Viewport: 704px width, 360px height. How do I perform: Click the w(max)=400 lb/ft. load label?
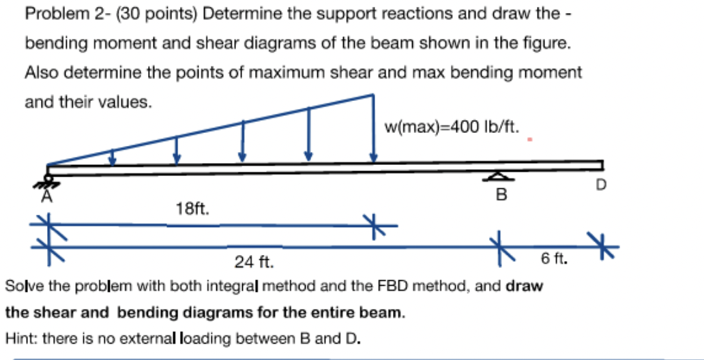(x=452, y=127)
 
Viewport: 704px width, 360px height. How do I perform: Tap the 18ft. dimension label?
(x=192, y=209)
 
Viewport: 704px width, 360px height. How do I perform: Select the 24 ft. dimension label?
(x=254, y=262)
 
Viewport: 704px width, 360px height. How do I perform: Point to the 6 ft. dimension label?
(x=553, y=258)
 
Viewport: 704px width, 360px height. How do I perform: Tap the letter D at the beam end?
(x=601, y=184)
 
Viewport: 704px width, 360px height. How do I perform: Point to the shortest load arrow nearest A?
(x=113, y=156)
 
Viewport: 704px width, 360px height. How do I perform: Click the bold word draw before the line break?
(x=524, y=286)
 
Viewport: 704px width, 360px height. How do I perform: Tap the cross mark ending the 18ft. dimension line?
(x=374, y=224)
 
